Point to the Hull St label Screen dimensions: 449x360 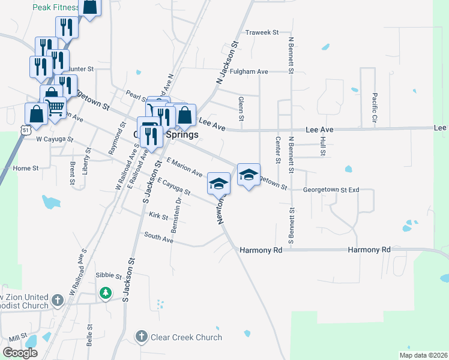[323, 145]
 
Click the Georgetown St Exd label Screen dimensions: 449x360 [331, 190]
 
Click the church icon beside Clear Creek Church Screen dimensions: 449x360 [142, 337]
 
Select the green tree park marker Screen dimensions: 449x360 [106, 292]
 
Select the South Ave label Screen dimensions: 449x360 [158, 238]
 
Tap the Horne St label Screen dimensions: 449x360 [25, 169]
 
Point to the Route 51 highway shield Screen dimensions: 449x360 [23, 129]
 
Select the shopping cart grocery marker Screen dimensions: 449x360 [55, 107]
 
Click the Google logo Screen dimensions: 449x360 [20, 353]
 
